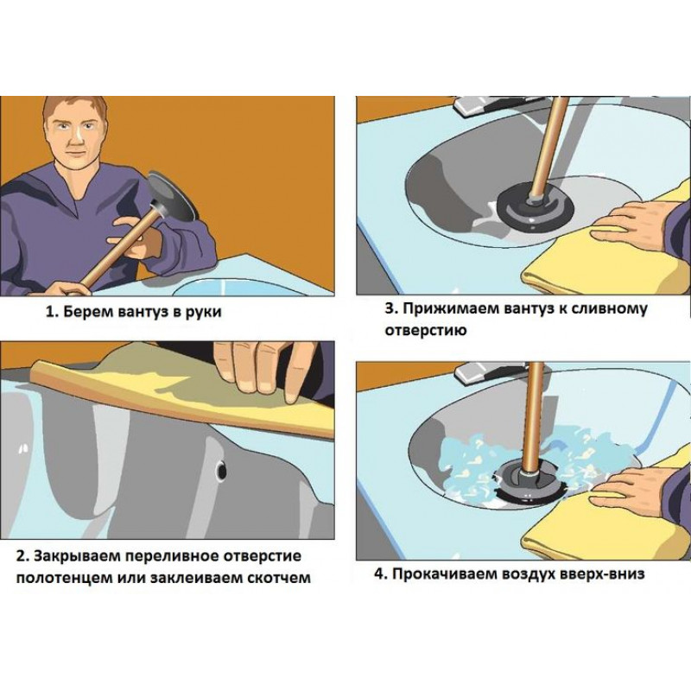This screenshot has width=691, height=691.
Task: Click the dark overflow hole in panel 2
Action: click(x=221, y=470)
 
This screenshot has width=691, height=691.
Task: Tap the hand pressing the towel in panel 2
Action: click(x=264, y=371)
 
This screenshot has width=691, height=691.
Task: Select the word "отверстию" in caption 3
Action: click(x=425, y=330)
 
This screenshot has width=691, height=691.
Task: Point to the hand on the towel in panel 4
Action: click(x=631, y=485)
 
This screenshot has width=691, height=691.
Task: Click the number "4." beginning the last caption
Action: click(x=380, y=574)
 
